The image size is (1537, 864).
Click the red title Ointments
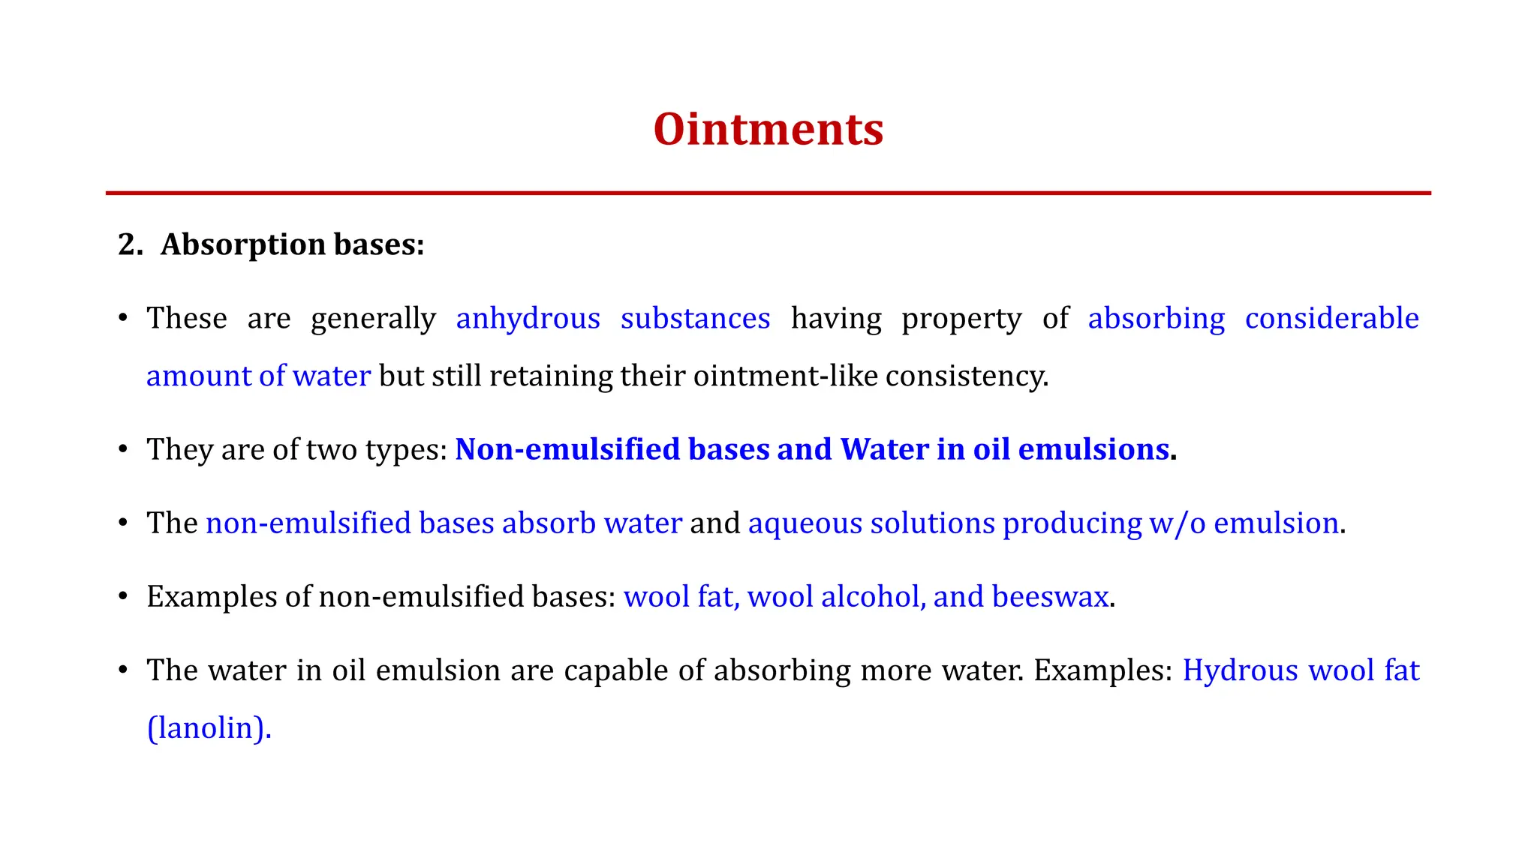pos(768,129)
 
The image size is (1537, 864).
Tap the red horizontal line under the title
pos(768,193)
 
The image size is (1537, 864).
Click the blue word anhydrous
pos(528,319)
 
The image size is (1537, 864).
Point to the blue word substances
pos(695,319)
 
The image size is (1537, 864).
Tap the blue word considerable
pos(1331,319)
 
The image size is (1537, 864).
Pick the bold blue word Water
pos(884,449)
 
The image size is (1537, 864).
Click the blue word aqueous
pos(805,523)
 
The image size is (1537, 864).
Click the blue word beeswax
pos(1050,596)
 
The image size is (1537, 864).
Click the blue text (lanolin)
pos(209,727)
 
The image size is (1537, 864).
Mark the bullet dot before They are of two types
pos(122,450)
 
